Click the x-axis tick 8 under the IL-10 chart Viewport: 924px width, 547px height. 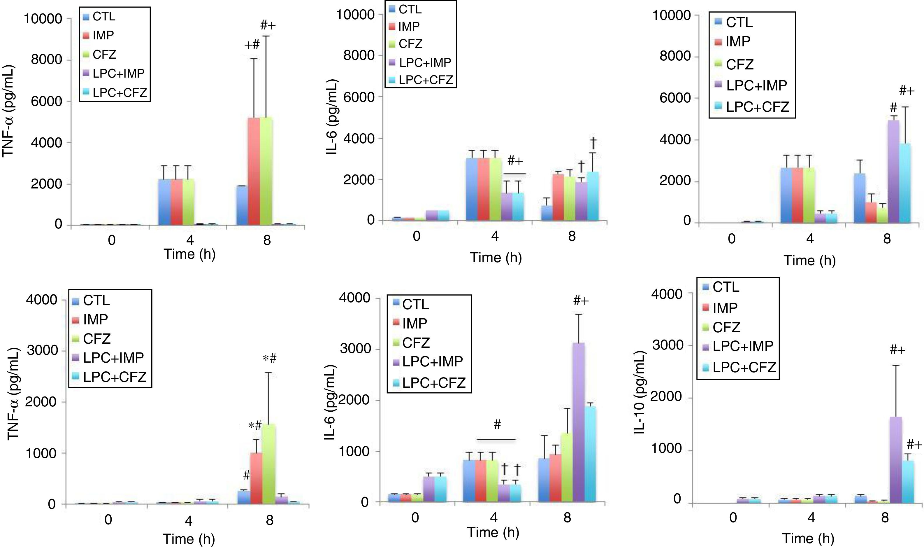(885, 517)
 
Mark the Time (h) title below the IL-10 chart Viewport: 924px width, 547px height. (808, 539)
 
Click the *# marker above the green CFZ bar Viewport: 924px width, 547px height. (270, 358)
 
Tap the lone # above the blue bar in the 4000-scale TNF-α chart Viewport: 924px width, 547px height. (246, 475)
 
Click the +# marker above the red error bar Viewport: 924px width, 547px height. (252, 45)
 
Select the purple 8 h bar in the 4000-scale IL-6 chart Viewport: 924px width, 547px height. (578, 422)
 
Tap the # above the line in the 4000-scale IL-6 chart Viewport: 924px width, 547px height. (497, 425)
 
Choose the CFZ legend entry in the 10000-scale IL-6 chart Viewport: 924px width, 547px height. (410, 44)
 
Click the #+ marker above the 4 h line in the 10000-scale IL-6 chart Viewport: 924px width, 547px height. (515, 161)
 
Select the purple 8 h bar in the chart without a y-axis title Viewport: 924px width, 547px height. (893, 172)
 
